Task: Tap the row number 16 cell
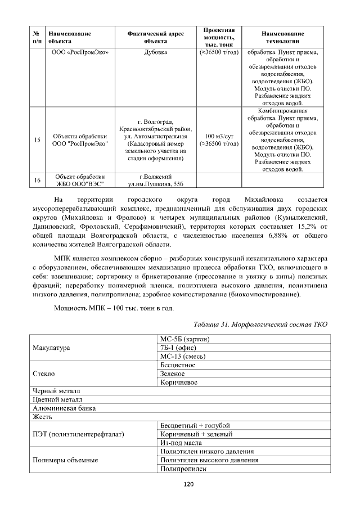click(37, 180)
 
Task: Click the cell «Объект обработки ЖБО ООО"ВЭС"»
click(79, 180)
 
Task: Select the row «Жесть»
click(43, 416)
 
